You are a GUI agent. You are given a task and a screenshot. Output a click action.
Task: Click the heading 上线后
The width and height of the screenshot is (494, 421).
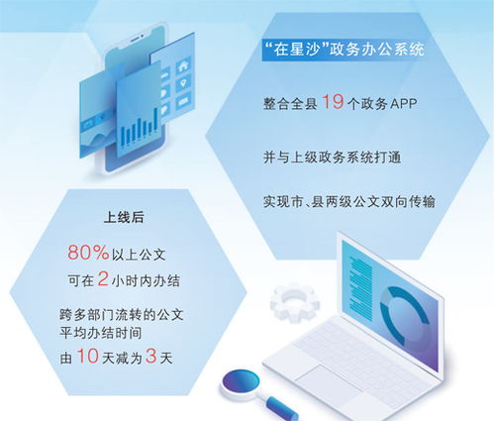click(118, 215)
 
